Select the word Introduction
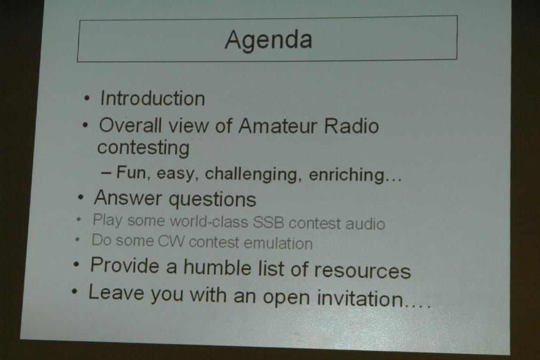click(x=153, y=98)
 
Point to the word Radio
click(x=351, y=126)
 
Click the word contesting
click(x=143, y=148)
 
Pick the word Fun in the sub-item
click(x=131, y=172)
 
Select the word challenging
click(x=251, y=174)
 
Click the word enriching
click(x=346, y=175)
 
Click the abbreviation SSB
click(x=269, y=223)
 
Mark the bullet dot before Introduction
click(x=87, y=99)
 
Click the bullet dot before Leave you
click(x=75, y=292)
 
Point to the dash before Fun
click(x=106, y=173)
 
